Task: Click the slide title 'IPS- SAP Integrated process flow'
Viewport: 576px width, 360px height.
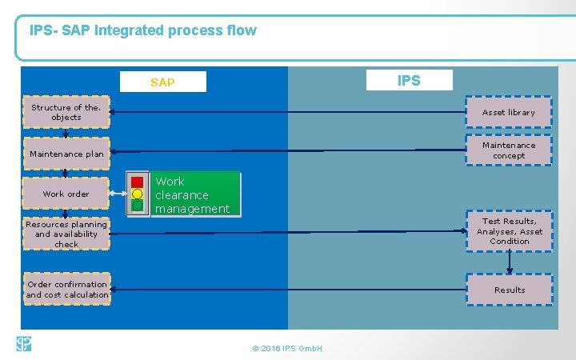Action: pos(143,31)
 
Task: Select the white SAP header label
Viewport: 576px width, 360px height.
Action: pos(162,82)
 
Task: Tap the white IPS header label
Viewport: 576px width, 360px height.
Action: pos(409,80)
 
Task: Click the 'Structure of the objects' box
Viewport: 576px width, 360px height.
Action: pos(66,113)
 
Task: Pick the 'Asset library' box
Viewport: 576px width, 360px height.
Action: pos(509,113)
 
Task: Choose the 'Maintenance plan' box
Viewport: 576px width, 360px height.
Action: pos(66,154)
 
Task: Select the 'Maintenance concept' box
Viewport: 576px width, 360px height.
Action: pos(509,150)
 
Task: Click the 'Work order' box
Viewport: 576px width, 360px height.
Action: pos(66,194)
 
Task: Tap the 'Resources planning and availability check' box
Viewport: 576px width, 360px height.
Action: pos(66,234)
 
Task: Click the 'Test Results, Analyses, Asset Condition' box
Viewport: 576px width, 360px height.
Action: pos(509,231)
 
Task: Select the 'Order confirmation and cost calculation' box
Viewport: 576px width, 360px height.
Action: pos(67,290)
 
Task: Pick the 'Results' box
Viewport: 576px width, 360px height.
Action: pos(509,290)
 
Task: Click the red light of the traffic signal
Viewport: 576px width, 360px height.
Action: pos(137,182)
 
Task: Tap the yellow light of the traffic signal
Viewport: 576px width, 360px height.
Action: pos(137,194)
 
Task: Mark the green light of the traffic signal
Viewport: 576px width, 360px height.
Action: pos(137,206)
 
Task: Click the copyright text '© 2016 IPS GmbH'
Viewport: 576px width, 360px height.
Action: pos(286,349)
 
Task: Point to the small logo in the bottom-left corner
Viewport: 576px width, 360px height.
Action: pos(23,344)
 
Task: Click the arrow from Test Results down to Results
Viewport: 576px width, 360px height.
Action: pos(509,263)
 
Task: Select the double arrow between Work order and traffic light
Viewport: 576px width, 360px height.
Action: pos(118,194)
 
